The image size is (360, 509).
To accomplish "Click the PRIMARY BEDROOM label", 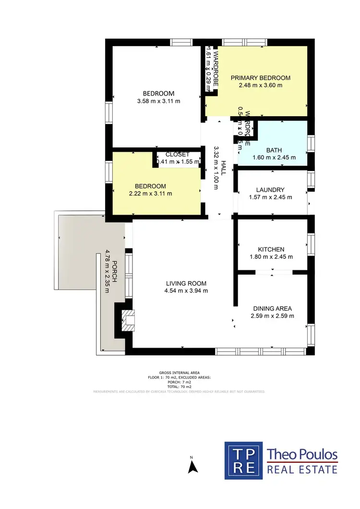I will click(260, 78).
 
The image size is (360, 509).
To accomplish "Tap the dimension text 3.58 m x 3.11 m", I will click(158, 101).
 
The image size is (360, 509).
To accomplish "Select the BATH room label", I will click(274, 150).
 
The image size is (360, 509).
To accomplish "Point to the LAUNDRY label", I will click(270, 190).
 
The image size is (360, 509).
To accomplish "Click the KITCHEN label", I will click(271, 249).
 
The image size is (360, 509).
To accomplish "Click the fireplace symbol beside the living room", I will click(128, 319).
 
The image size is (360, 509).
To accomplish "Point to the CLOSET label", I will click(177, 155).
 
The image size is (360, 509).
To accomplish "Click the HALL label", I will click(223, 168).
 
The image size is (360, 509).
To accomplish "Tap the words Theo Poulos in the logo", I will click(302, 454).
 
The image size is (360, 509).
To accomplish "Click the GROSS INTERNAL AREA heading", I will click(180, 373).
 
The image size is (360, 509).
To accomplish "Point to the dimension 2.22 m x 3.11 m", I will click(150, 194).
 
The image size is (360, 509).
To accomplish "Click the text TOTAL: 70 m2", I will click(180, 387).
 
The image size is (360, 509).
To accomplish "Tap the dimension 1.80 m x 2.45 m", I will click(271, 256).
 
